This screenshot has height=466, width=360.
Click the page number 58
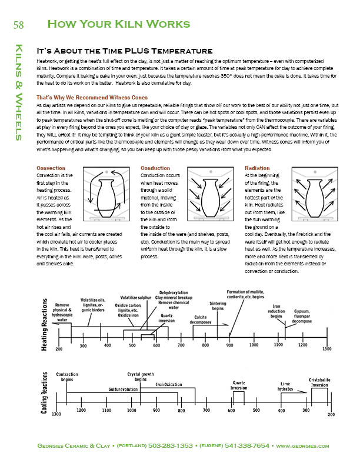click(18, 24)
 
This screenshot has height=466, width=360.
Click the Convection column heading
click(51, 168)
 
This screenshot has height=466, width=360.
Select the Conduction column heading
click(155, 168)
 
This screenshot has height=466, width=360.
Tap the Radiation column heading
click(257, 168)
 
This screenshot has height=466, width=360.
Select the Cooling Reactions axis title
click(45, 393)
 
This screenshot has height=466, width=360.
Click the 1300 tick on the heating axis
click(326, 349)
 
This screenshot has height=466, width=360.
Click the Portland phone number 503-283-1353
click(171, 446)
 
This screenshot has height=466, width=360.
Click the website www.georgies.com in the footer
click(302, 446)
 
